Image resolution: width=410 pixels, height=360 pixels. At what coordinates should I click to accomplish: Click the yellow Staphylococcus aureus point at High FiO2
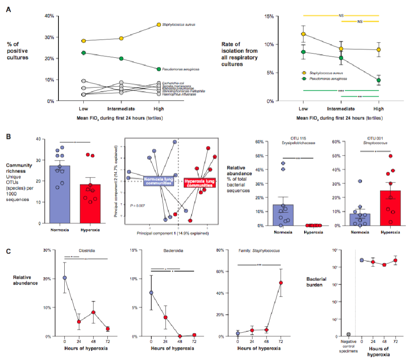pos(159,25)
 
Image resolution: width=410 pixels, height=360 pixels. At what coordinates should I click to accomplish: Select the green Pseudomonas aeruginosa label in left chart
pos(179,69)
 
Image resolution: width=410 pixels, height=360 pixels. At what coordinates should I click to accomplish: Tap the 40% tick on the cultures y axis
pos(49,16)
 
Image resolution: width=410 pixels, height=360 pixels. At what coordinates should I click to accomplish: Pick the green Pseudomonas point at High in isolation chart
pos(378,80)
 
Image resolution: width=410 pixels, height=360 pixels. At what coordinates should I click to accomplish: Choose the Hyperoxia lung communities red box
pos(200,182)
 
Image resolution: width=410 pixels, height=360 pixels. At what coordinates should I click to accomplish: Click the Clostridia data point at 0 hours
pos(65,278)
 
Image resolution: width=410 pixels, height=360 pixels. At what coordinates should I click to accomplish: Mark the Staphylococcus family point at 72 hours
pos(281,283)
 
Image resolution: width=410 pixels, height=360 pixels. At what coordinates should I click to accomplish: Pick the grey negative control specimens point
pos(349,334)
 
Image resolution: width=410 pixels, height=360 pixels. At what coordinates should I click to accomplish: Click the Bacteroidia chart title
pos(173,251)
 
